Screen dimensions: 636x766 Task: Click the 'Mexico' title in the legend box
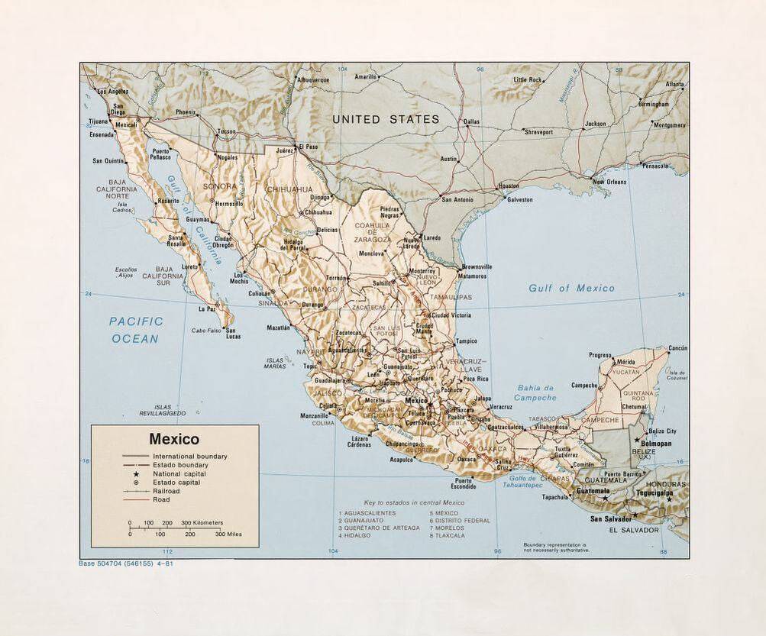(174, 439)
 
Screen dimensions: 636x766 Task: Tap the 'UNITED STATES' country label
(386, 119)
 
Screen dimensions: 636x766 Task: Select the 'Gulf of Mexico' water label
(571, 288)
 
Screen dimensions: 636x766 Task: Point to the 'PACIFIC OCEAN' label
(136, 330)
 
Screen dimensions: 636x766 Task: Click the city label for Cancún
(677, 348)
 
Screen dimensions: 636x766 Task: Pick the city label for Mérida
(625, 361)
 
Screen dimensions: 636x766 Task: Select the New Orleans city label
(610, 182)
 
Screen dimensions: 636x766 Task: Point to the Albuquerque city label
(313, 79)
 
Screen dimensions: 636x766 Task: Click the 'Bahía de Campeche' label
(535, 392)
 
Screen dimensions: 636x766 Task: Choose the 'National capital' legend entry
(179, 473)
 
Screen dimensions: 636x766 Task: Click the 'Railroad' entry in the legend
(166, 491)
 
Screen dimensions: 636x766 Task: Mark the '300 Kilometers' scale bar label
(202, 523)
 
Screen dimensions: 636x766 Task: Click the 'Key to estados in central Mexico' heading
(402, 502)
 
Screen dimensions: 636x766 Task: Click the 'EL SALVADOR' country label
(634, 530)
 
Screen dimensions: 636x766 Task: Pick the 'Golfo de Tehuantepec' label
(528, 481)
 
